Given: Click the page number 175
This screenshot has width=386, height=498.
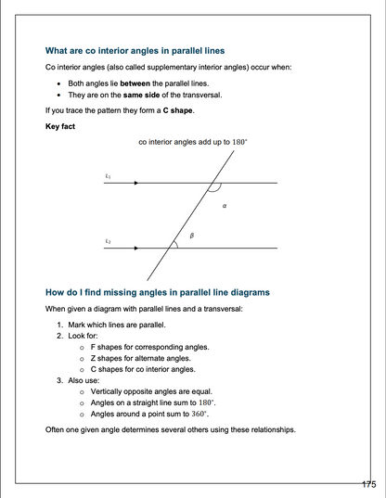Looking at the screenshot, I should pos(368,484).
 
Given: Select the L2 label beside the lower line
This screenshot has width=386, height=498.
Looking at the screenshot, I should pos(109,239).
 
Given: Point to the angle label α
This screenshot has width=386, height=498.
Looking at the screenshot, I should pos(225,206).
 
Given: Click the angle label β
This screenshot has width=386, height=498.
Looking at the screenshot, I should pos(190,236).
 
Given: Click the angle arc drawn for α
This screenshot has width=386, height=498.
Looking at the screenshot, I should pos(214,190).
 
